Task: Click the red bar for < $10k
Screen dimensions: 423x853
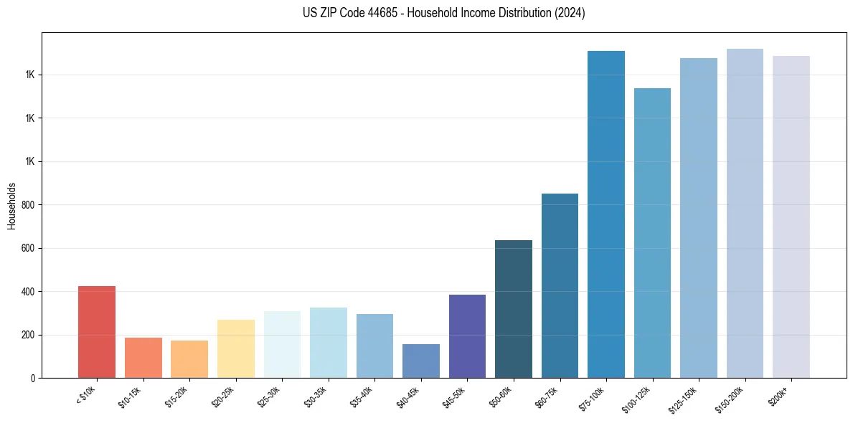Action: coord(97,332)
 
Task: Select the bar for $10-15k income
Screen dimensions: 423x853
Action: coord(143,358)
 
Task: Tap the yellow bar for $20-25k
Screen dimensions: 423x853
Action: coord(236,349)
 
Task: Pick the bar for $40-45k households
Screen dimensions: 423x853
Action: coord(421,361)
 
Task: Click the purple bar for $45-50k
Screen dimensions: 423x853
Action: coord(467,336)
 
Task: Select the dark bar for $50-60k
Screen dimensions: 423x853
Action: coord(514,309)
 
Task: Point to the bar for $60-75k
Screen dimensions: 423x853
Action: coord(560,285)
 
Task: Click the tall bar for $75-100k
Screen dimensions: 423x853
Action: coord(606,214)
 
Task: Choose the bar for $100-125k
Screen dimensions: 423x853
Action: coord(652,233)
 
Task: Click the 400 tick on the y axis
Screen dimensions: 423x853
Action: coord(27,292)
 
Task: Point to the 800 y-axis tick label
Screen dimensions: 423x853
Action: coord(27,205)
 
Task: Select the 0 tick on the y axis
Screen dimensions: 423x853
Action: coord(32,379)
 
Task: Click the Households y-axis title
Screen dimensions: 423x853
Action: coord(11,206)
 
